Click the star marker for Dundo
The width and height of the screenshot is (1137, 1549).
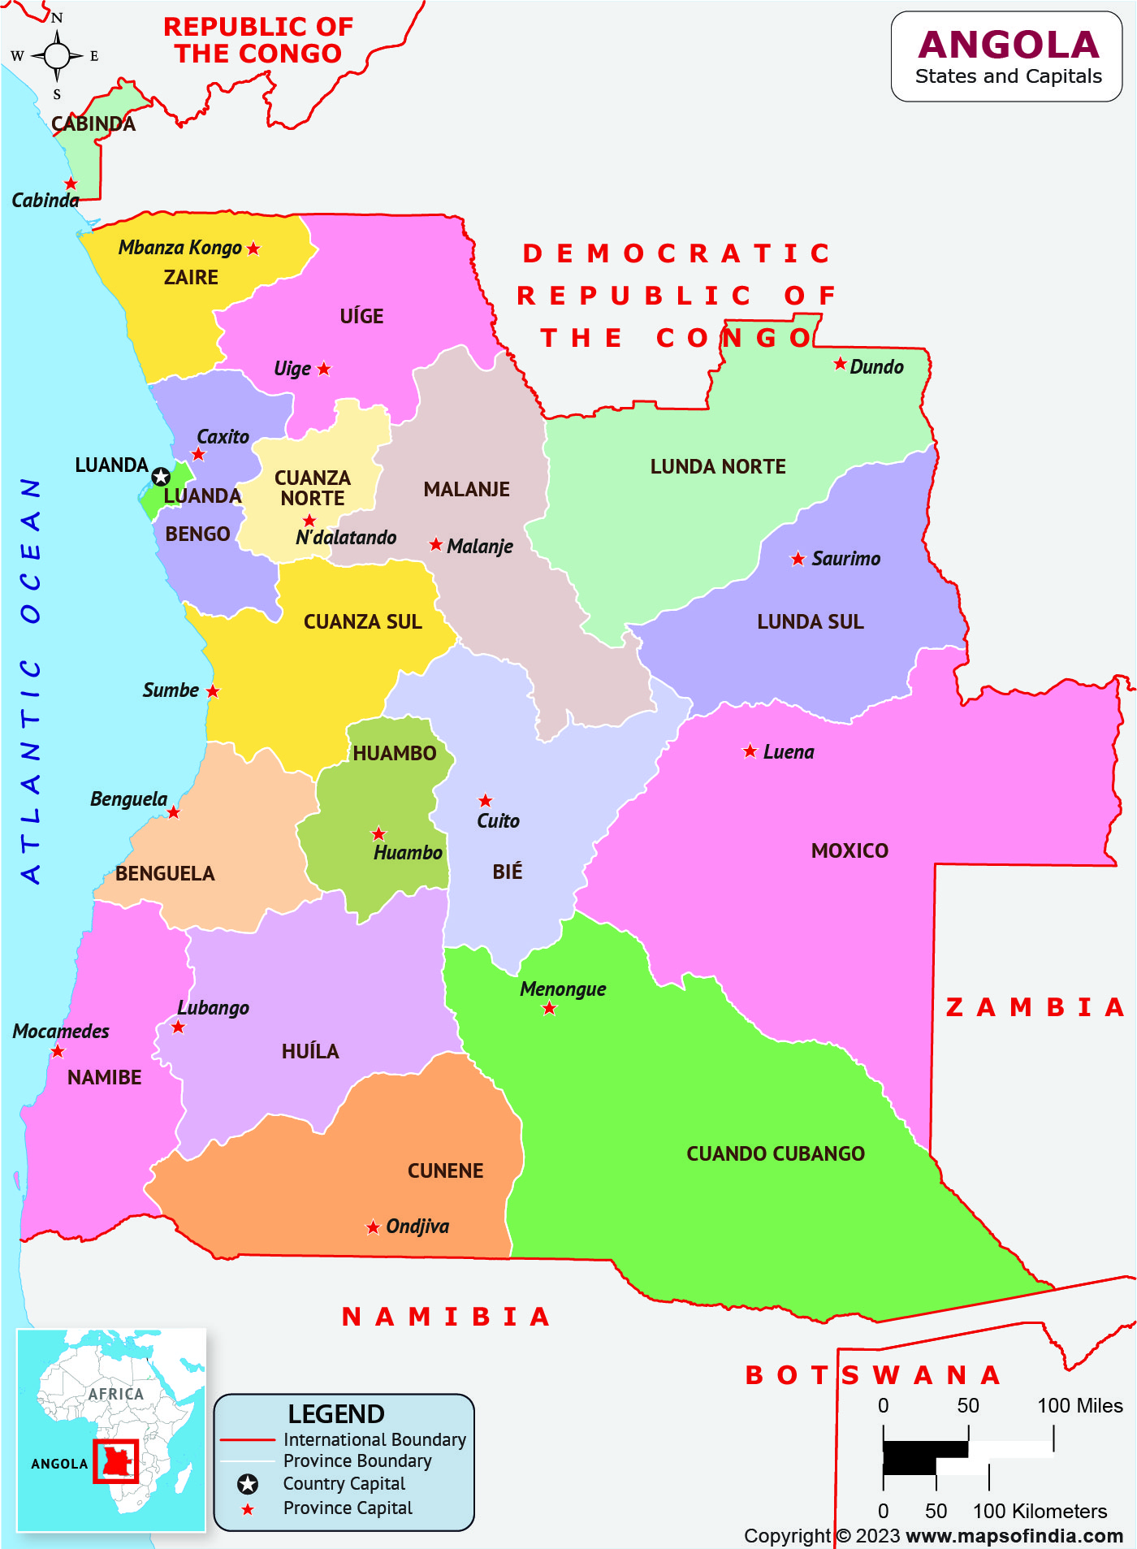[x=840, y=364]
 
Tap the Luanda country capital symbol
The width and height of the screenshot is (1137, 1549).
[x=161, y=477]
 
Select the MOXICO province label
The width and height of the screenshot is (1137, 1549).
[x=850, y=850]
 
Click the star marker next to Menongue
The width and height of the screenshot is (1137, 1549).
[x=550, y=1009]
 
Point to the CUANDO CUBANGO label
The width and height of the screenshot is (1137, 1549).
[x=776, y=1153]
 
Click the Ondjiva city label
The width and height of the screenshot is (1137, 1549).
[x=417, y=1226]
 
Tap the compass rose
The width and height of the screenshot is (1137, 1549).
[x=57, y=56]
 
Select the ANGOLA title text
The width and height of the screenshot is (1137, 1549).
[x=1008, y=45]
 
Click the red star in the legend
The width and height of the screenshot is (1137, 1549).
[x=248, y=1509]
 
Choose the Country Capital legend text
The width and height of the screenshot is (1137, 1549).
[x=344, y=1483]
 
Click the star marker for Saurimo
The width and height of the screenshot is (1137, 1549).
[x=798, y=559]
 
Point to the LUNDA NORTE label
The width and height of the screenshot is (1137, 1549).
[x=718, y=466]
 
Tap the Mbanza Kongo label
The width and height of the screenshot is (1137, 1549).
[x=180, y=248]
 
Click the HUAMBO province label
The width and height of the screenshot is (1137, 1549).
[x=395, y=753]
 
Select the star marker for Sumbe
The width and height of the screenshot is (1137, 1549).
[x=213, y=691]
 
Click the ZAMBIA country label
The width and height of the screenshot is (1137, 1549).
[x=1035, y=1007]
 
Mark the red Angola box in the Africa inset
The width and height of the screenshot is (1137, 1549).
[x=115, y=1461]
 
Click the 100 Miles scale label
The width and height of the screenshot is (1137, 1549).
[x=1079, y=1405]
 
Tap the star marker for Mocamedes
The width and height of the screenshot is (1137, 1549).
[x=58, y=1052]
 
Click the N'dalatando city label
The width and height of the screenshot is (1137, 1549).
[x=346, y=537]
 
